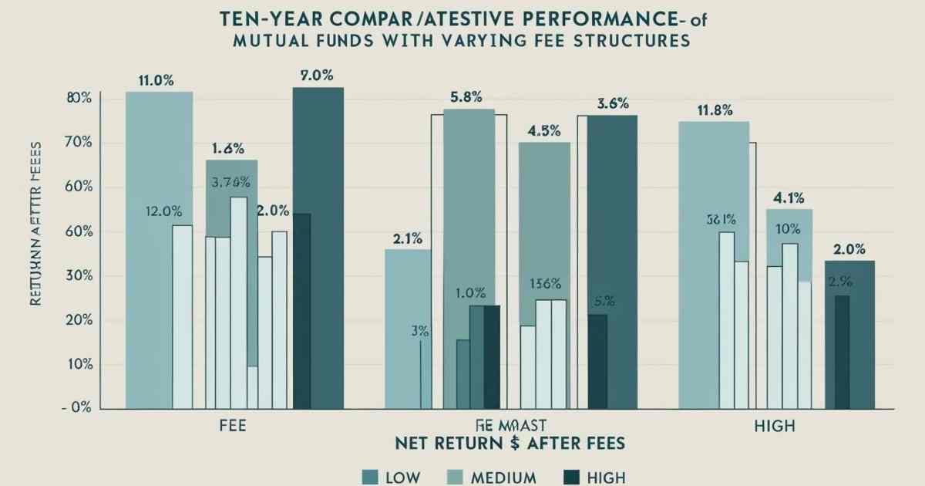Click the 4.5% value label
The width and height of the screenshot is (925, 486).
[543, 130]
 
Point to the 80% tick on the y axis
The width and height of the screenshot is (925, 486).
[79, 99]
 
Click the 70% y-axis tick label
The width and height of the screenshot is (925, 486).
[79, 143]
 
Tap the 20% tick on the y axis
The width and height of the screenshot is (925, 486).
[79, 320]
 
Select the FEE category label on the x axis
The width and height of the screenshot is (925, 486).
[233, 426]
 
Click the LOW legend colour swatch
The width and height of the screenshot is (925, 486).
[370, 476]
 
